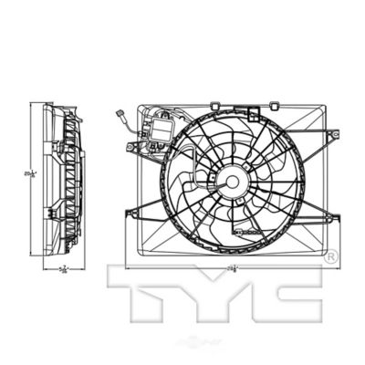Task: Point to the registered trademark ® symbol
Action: click(330, 252)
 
